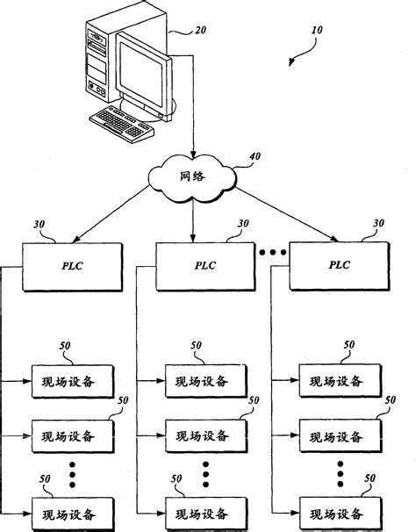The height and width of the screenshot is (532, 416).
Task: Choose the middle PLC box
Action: tap(205, 265)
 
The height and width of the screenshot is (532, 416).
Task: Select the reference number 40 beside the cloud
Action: tap(255, 158)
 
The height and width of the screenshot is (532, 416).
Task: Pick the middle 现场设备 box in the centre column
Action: tap(207, 435)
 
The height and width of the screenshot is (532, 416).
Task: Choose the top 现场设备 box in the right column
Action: tap(339, 381)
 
